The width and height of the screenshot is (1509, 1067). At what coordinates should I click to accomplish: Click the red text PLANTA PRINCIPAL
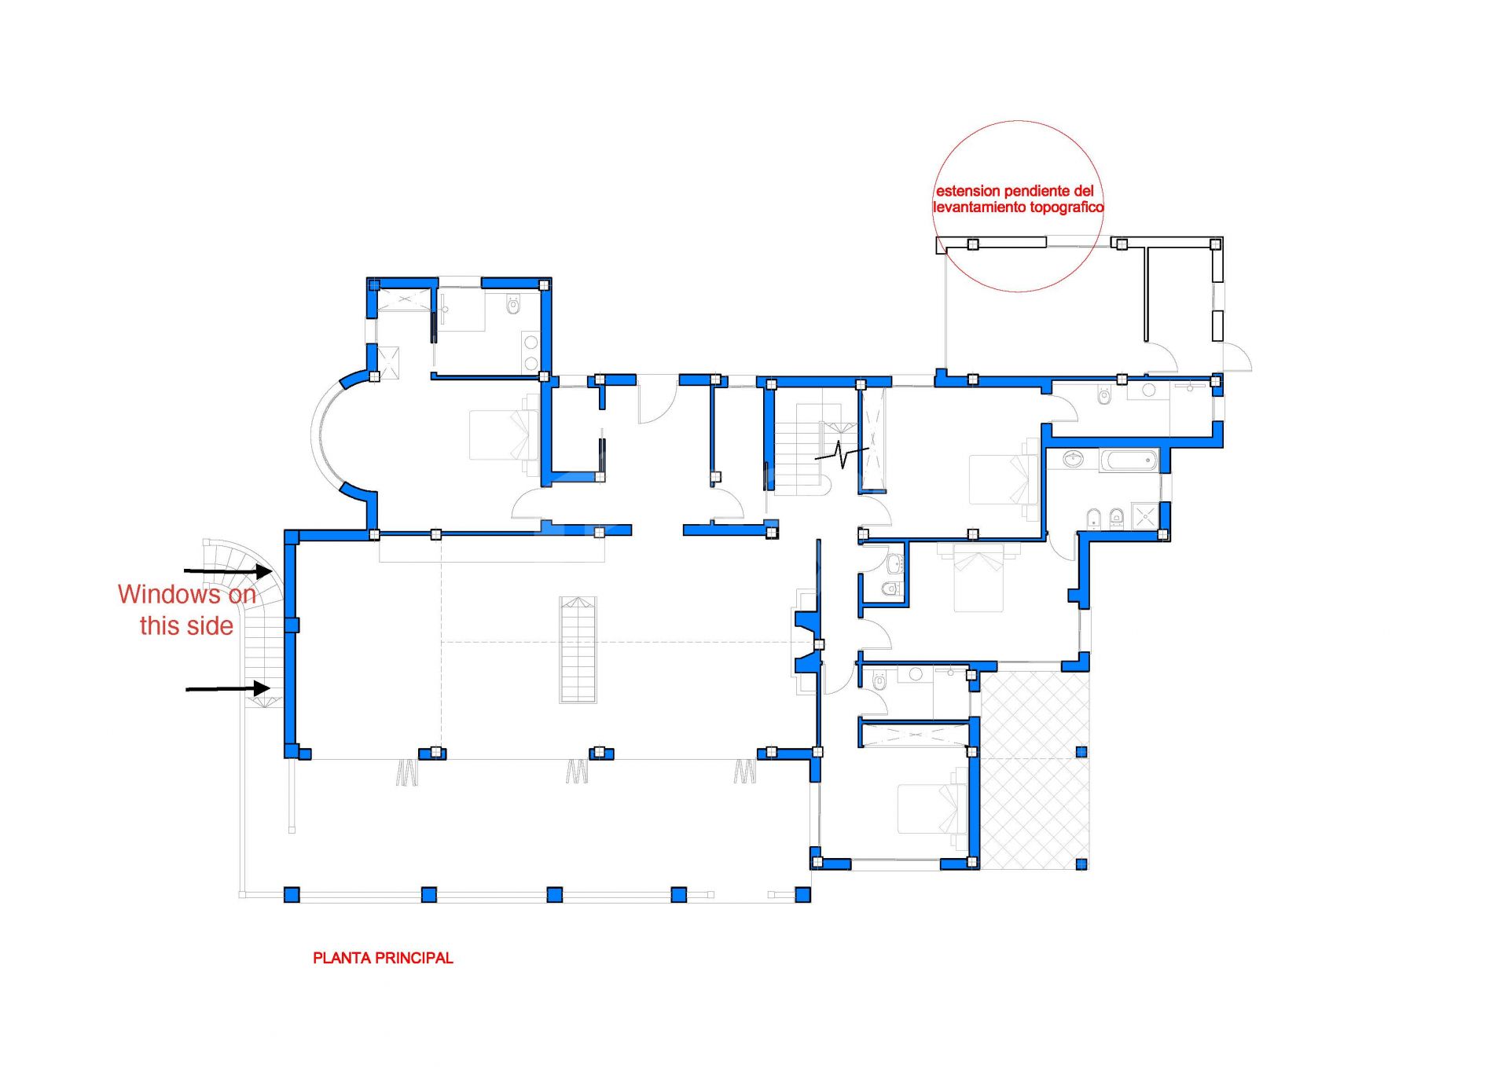tap(383, 958)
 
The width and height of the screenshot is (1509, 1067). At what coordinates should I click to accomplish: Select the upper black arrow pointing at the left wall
tap(228, 570)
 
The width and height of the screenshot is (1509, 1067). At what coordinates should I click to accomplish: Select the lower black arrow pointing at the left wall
tap(228, 689)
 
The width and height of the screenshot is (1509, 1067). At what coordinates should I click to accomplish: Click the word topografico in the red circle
tap(1066, 207)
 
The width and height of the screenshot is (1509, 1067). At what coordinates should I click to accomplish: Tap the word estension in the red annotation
tap(967, 191)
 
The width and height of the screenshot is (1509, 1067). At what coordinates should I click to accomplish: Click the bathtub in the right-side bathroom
tap(1129, 460)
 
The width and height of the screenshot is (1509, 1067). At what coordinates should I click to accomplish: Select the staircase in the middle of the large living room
tap(578, 649)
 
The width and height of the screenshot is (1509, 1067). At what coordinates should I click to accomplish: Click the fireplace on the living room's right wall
tap(808, 643)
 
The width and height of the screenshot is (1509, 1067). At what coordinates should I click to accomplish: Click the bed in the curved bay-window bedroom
tap(504, 434)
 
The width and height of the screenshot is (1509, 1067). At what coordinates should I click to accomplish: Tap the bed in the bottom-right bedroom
tap(932, 808)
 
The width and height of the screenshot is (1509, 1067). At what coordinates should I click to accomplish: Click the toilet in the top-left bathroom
tap(514, 305)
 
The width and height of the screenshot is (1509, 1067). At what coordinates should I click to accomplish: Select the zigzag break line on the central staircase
tap(841, 454)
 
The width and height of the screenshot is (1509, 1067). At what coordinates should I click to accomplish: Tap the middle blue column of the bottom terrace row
tap(554, 894)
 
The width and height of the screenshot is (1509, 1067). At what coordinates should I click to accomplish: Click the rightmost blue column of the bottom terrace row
tap(802, 894)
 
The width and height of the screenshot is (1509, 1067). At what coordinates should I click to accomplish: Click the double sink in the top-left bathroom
tap(531, 352)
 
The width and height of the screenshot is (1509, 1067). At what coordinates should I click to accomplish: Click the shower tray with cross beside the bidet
tap(1145, 516)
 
